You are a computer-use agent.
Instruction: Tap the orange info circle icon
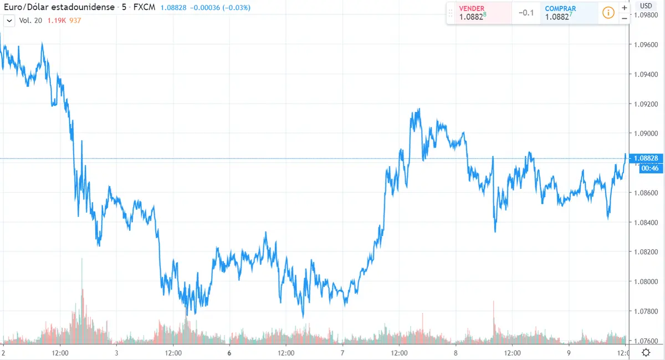[608, 13]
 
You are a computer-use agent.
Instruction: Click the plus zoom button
[624, 8]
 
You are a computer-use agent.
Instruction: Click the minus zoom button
[624, 18]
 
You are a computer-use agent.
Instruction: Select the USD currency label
[646, 6]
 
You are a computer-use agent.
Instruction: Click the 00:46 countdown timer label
[650, 168]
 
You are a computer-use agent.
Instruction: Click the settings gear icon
[646, 353]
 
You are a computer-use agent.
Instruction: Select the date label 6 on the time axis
[229, 353]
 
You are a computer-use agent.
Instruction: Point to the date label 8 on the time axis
[456, 353]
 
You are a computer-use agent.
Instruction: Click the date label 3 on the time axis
[116, 353]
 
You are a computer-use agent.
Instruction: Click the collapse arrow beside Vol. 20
[9, 20]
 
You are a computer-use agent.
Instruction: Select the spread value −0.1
[526, 13]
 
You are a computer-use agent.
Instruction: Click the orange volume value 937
[75, 20]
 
